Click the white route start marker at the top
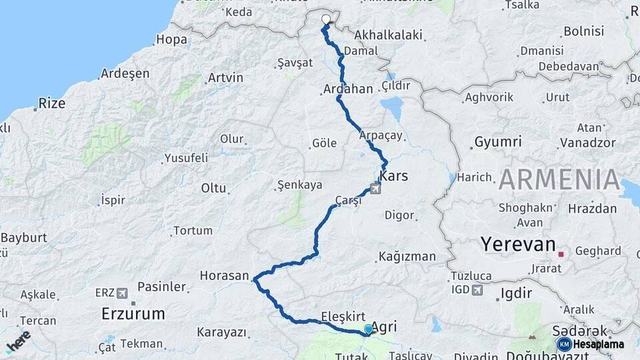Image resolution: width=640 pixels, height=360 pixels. [326, 19]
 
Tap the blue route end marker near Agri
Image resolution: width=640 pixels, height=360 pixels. [368, 329]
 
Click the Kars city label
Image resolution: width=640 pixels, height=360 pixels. [393, 177]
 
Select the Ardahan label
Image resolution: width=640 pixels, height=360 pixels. [348, 89]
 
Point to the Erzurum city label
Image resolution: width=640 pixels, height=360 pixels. [133, 313]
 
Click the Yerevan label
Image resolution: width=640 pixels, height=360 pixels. [518, 245]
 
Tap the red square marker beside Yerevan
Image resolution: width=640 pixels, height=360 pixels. [561, 254]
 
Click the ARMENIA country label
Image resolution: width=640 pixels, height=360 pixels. [560, 180]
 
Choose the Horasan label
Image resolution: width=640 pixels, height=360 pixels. [225, 275]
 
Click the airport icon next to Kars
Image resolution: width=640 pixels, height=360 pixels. [375, 190]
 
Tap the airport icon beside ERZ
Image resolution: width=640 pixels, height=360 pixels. [122, 293]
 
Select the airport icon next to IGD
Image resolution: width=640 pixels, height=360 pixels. [477, 290]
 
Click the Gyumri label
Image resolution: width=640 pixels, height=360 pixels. [498, 142]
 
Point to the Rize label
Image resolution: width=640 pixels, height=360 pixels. [52, 103]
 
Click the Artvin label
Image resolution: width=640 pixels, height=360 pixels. [225, 78]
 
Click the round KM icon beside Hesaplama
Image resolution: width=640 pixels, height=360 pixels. [564, 344]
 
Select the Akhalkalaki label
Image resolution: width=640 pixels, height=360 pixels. [389, 35]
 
